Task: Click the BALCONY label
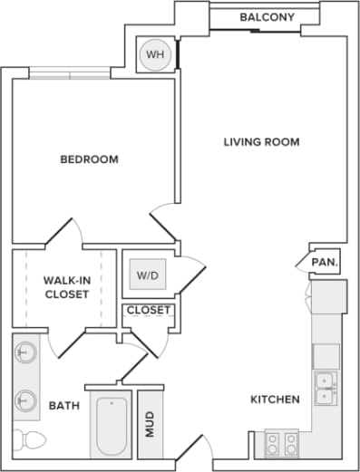[266, 16]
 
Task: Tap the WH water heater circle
[155, 55]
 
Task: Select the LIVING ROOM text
[261, 142]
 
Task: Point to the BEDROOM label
[89, 159]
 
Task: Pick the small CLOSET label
[149, 311]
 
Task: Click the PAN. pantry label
[325, 263]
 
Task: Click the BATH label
[62, 406]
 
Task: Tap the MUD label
[150, 423]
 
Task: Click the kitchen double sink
[325, 387]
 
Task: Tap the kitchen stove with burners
[280, 443]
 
